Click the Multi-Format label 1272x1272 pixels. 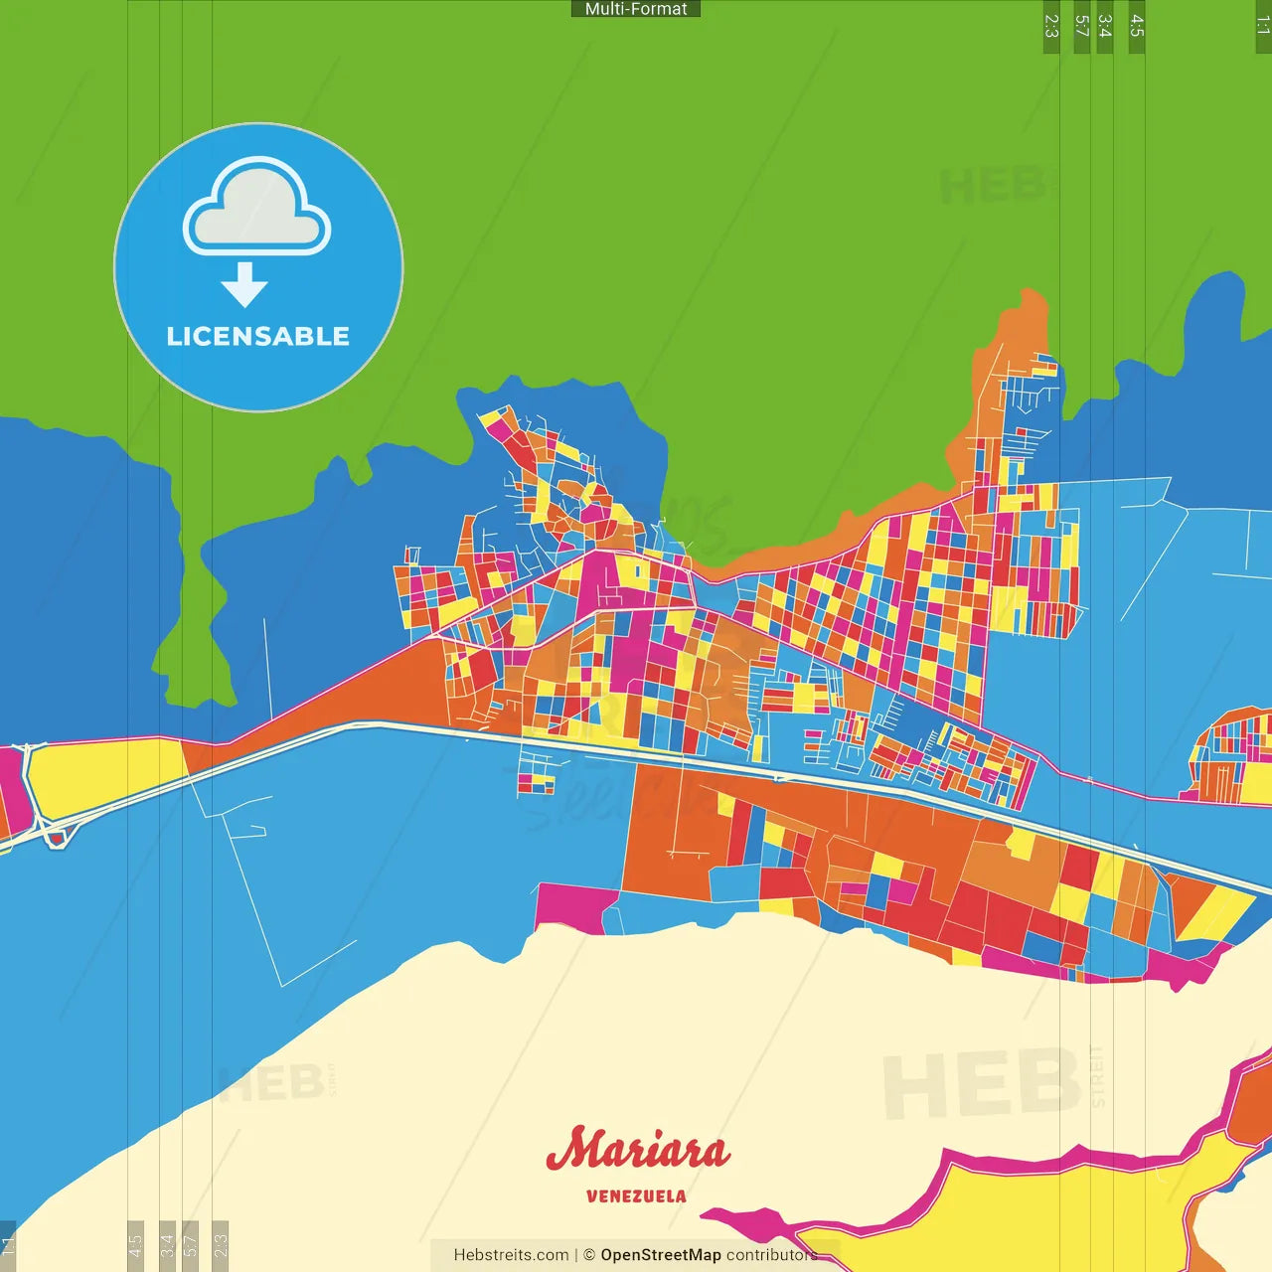(636, 9)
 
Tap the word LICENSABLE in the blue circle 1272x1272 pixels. (258, 336)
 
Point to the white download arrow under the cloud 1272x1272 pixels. (244, 285)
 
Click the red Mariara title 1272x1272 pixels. (637, 1151)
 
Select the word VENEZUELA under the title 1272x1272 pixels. (636, 1196)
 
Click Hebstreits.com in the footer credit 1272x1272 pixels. (511, 1255)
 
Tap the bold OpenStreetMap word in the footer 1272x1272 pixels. (660, 1255)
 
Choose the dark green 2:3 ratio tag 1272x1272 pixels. (1051, 27)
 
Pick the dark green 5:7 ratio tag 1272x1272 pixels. (1082, 27)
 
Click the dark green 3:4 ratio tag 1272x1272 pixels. (1105, 27)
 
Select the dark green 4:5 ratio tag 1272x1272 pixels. (1137, 27)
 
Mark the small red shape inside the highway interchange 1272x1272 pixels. (58, 839)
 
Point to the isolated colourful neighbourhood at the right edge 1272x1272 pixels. (1232, 755)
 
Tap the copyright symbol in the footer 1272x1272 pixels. (589, 1255)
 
